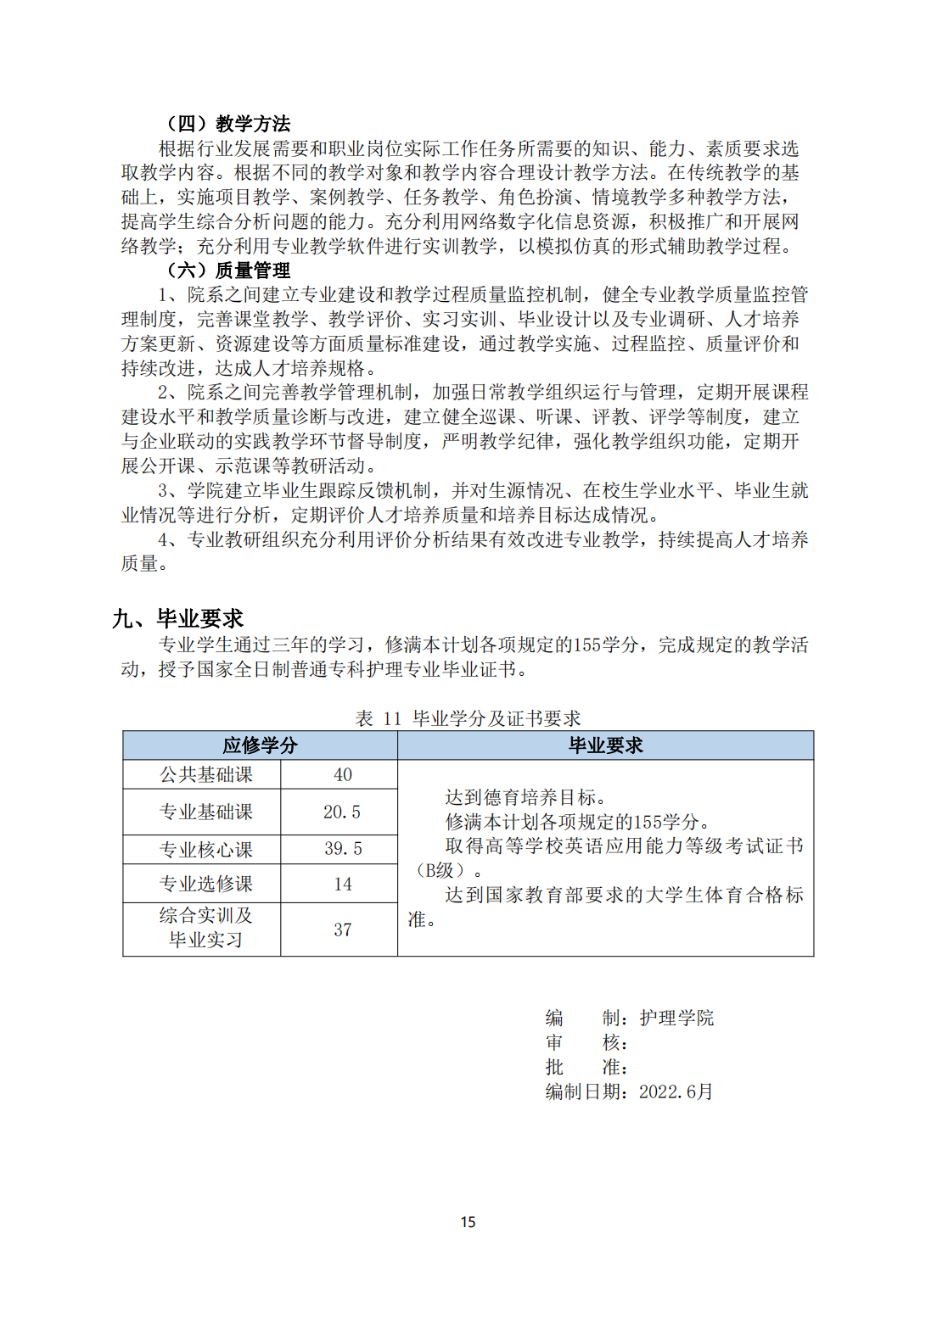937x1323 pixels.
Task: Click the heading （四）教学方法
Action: click(227, 124)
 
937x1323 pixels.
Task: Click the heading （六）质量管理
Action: click(227, 271)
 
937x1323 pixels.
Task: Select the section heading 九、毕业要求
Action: click(178, 618)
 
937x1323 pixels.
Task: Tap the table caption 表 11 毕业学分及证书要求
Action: click(468, 718)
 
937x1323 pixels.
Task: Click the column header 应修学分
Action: click(260, 745)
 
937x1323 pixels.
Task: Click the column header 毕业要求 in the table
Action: click(605, 745)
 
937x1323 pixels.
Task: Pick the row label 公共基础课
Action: click(206, 774)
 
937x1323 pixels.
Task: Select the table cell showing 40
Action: click(343, 774)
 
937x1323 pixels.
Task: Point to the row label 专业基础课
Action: click(206, 812)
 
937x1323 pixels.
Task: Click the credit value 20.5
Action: click(342, 812)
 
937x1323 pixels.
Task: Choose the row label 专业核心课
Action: click(206, 849)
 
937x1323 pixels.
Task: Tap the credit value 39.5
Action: click(343, 849)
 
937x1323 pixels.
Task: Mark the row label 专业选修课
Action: click(206, 884)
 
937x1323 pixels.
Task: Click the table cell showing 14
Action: click(343, 884)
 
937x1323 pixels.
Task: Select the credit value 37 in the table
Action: click(343, 929)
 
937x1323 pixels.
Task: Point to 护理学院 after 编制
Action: click(676, 1018)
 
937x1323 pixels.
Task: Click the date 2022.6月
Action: click(676, 1091)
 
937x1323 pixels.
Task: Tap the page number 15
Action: click(468, 1222)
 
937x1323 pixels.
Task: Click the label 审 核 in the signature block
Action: click(586, 1042)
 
